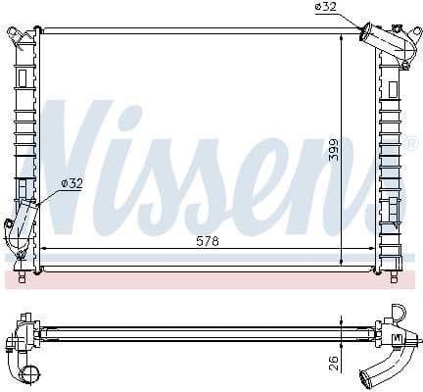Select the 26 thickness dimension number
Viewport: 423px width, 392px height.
coord(333,363)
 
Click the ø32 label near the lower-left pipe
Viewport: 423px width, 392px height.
coord(71,182)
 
